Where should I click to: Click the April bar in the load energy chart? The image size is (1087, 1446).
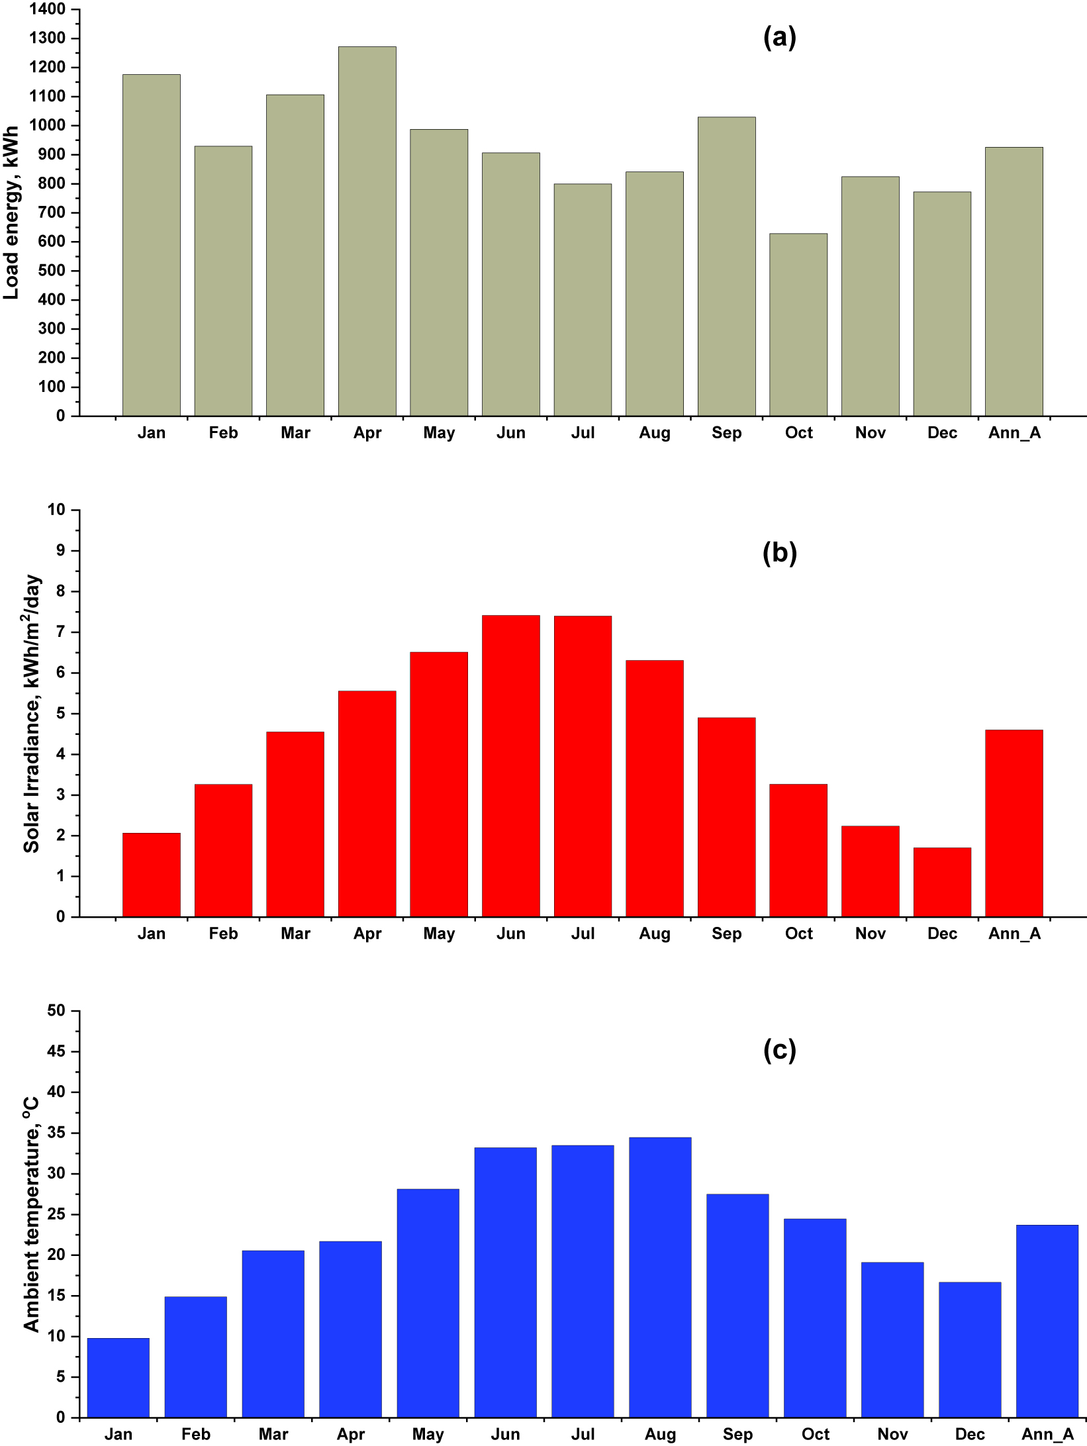[367, 232]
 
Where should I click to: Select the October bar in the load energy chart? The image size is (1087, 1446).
[798, 324]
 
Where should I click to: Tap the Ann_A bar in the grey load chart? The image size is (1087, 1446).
[1014, 281]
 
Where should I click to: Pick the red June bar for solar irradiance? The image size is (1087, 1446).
[510, 766]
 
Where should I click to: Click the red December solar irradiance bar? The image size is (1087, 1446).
[942, 882]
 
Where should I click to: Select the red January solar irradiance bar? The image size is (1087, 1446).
[151, 875]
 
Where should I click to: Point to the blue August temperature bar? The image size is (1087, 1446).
[660, 1278]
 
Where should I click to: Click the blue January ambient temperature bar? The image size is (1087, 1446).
[118, 1378]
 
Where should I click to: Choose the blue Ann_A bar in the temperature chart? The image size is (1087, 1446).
[1047, 1322]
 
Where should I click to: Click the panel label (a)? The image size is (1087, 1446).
[779, 37]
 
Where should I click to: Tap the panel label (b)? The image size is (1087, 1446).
[779, 552]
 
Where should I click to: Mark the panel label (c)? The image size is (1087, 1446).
[779, 1050]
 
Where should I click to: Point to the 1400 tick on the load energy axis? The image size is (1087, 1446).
[47, 9]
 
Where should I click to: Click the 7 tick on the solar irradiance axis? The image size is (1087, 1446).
[60, 632]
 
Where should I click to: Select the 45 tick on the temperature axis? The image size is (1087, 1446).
[56, 1051]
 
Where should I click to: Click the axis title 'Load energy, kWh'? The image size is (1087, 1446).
[11, 213]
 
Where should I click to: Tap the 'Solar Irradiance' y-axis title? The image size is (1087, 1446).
[31, 713]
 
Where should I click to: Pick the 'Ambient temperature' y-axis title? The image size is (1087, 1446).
[31, 1214]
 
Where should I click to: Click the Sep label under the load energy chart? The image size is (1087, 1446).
[726, 433]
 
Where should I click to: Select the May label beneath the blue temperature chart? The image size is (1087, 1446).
[428, 1434]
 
